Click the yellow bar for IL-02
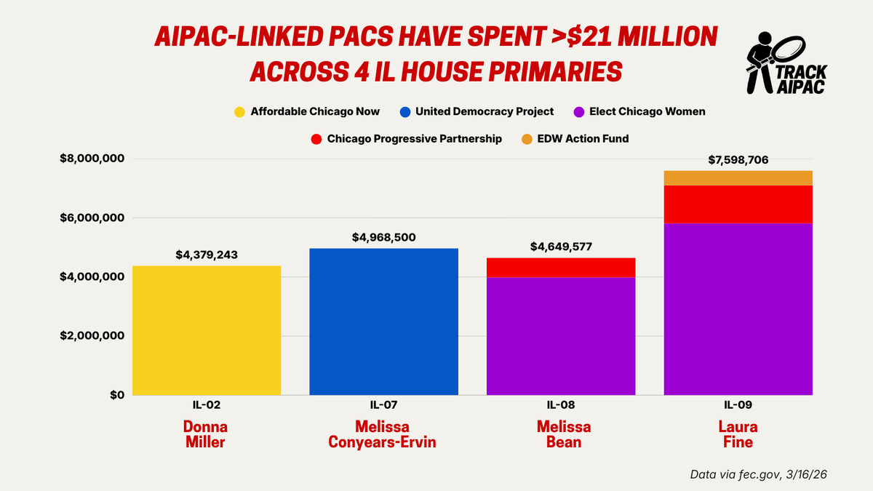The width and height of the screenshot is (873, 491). (206, 330)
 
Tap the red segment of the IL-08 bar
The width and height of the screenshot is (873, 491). (561, 267)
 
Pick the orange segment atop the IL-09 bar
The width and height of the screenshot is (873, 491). (738, 177)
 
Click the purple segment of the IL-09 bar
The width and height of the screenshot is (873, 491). (738, 309)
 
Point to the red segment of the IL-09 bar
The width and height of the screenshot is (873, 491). (738, 204)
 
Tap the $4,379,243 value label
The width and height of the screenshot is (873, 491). (207, 255)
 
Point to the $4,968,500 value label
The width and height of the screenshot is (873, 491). (383, 237)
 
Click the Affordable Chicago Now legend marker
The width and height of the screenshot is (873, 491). (239, 112)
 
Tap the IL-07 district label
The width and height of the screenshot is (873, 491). (383, 406)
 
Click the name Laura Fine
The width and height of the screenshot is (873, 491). (738, 434)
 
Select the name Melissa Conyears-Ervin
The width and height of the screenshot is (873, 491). (383, 434)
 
